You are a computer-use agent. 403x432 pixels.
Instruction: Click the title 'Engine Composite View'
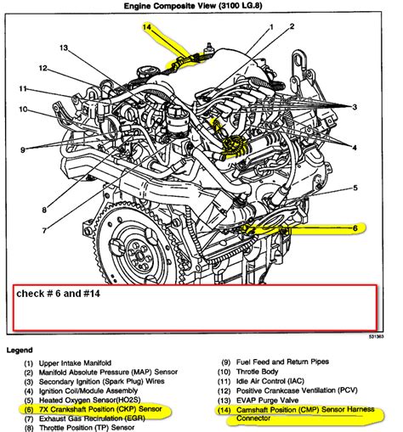pos(201,7)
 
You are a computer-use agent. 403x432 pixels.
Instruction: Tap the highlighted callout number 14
pos(148,29)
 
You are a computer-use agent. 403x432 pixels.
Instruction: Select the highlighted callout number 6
pos(355,227)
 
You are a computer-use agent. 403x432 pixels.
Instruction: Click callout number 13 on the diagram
pos(63,48)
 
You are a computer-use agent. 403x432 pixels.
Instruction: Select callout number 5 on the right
pos(355,188)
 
